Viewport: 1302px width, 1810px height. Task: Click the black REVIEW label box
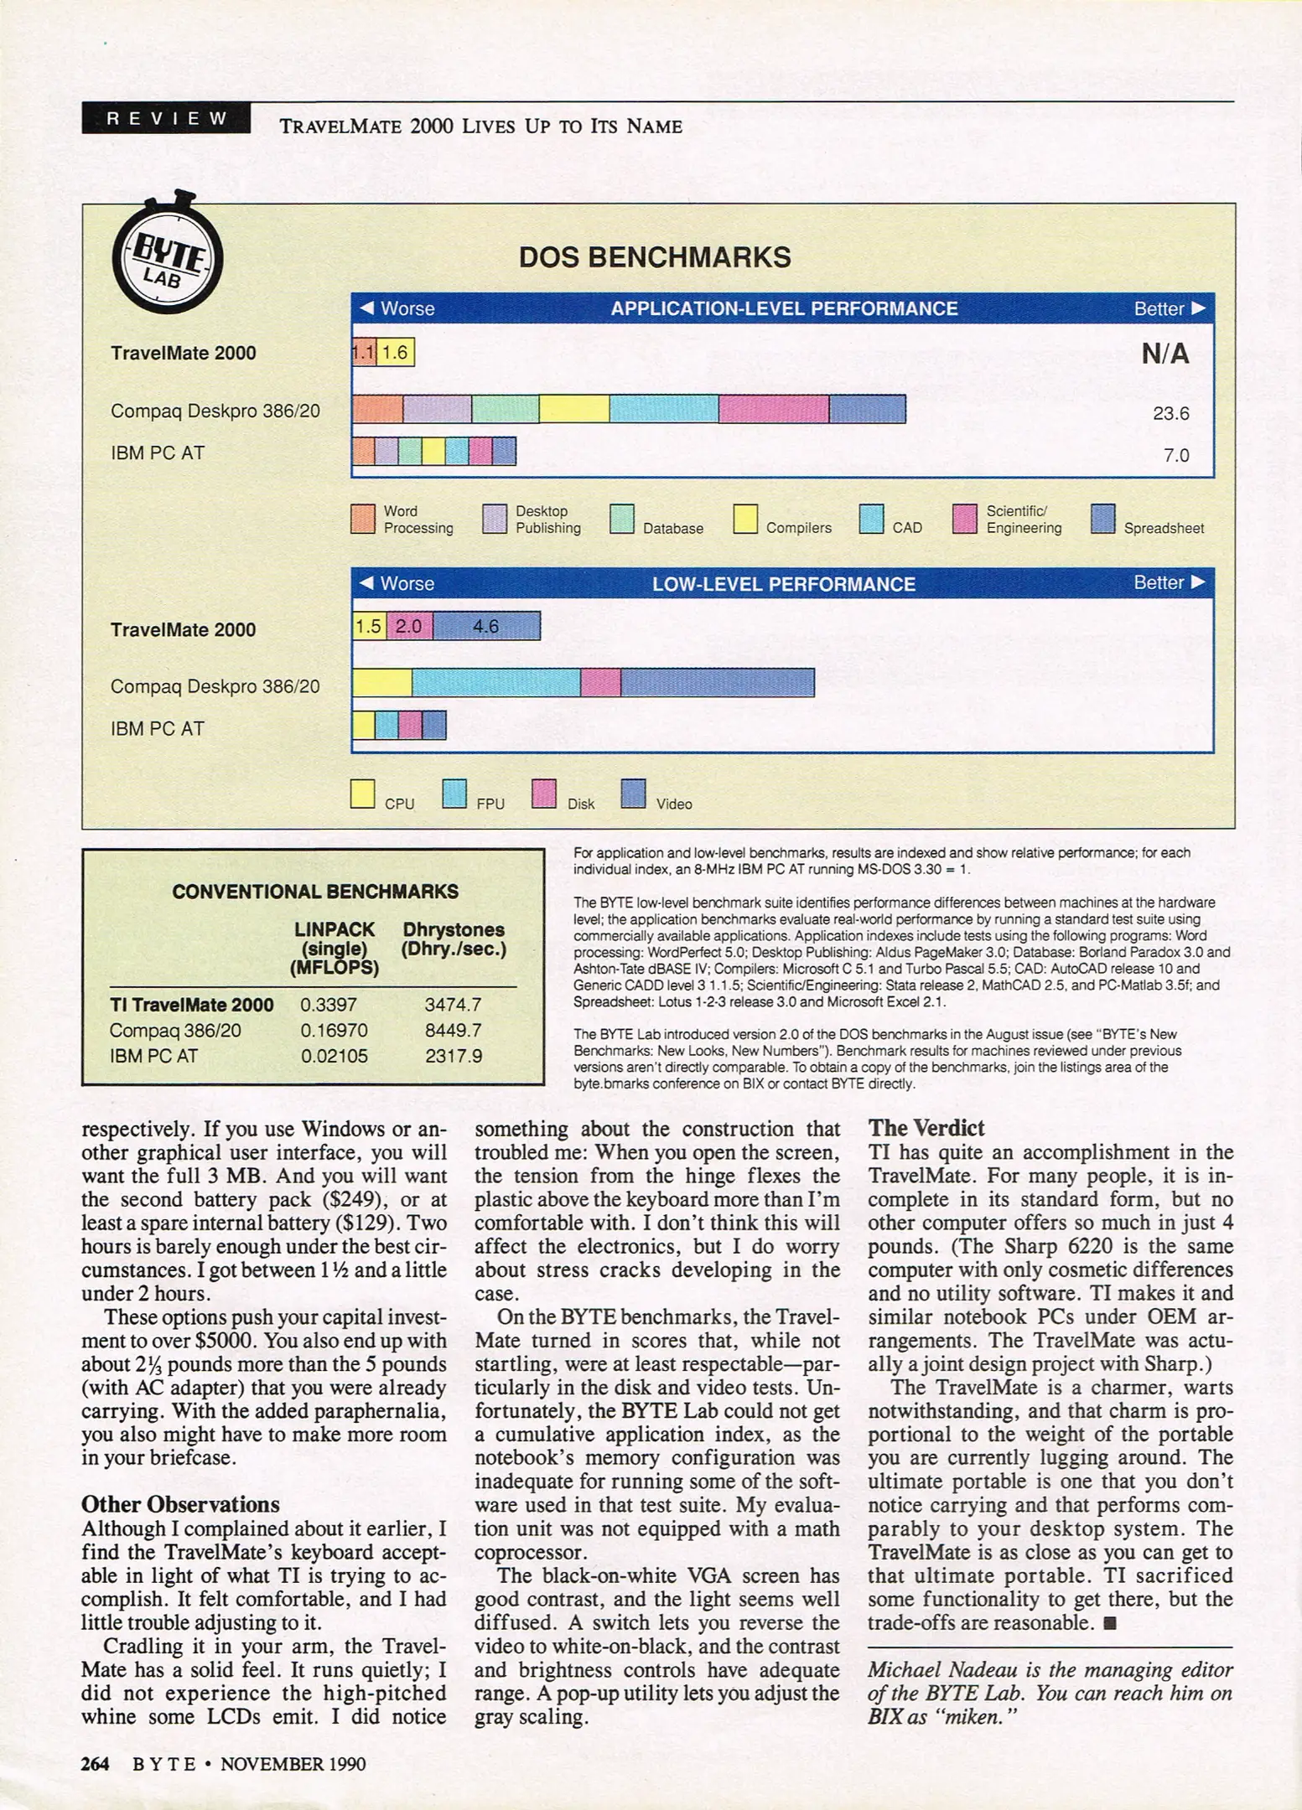click(x=166, y=118)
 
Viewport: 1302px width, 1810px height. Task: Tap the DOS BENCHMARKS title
click(x=655, y=257)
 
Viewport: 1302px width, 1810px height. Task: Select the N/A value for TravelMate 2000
click(x=1165, y=354)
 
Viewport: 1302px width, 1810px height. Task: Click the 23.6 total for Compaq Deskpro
click(x=1171, y=413)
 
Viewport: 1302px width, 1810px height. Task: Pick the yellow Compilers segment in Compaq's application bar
click(x=573, y=409)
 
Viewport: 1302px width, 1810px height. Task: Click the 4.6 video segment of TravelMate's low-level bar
click(x=486, y=626)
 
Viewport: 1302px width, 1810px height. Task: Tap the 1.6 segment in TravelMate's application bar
click(x=395, y=353)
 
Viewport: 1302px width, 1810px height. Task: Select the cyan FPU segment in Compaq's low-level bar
click(x=495, y=683)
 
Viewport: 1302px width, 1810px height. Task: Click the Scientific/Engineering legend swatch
click(x=965, y=520)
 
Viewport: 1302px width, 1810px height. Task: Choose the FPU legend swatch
click(x=454, y=794)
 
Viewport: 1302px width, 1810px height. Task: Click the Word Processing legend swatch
click(x=363, y=520)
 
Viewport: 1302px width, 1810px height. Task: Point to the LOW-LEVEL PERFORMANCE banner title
click(x=784, y=584)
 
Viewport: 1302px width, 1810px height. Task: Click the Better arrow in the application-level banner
click(x=1198, y=308)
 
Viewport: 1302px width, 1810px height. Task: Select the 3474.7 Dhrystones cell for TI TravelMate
click(x=453, y=1004)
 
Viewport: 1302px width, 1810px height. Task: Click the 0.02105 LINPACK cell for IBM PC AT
click(x=335, y=1056)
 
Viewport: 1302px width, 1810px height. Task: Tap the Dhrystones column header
click(x=454, y=939)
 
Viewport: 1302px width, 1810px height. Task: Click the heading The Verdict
click(x=926, y=1128)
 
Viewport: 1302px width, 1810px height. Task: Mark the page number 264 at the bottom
click(x=95, y=1764)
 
